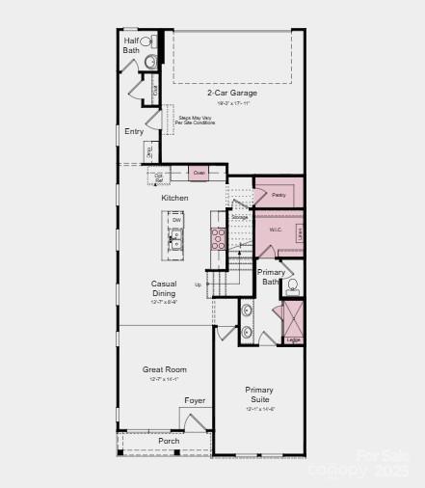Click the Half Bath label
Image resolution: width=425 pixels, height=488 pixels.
click(131, 45)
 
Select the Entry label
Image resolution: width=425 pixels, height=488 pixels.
click(134, 131)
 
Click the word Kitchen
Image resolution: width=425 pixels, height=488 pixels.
click(174, 198)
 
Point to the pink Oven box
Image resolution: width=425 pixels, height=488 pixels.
click(199, 173)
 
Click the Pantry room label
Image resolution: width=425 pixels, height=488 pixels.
click(279, 195)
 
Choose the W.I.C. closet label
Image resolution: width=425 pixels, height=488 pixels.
click(275, 230)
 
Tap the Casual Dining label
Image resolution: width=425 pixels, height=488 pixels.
click(164, 288)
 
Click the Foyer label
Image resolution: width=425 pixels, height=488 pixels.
click(195, 400)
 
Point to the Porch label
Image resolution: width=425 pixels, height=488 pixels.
click(169, 441)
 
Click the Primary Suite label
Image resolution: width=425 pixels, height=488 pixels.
click(258, 394)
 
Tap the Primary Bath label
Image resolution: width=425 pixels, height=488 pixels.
click(272, 277)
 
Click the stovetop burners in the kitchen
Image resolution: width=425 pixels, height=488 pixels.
click(219, 238)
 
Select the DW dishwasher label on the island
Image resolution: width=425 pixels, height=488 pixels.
click(176, 220)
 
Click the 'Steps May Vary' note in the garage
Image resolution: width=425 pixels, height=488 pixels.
click(197, 121)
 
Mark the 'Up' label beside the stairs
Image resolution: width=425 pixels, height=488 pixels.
click(199, 285)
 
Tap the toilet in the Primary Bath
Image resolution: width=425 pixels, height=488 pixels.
click(292, 285)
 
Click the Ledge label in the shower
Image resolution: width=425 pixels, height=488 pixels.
click(293, 339)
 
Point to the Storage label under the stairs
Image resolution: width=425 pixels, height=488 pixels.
click(239, 217)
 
